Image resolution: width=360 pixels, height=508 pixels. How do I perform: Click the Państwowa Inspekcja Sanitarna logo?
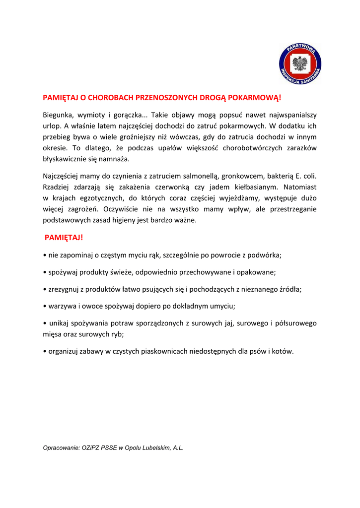300,64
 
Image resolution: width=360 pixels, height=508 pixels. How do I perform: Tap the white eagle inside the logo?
300,64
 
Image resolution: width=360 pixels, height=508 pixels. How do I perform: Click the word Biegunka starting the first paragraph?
59,115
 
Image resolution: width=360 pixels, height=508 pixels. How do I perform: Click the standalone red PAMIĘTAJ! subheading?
64,238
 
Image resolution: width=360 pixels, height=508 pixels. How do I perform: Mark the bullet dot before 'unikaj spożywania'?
45,323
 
